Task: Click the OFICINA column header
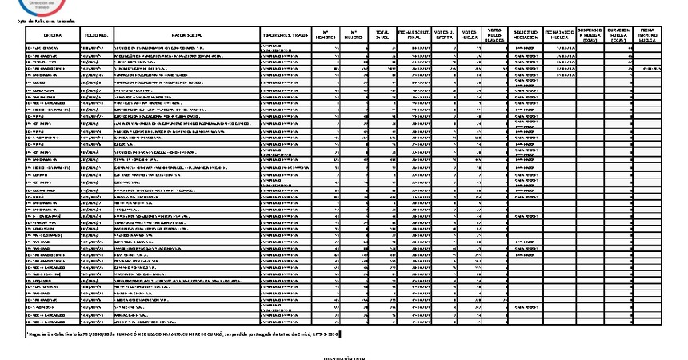coord(53,36)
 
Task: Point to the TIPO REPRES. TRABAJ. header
coord(285,36)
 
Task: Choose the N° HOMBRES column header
coord(326,36)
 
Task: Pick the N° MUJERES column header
coord(354,36)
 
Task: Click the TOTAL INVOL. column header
coord(382,36)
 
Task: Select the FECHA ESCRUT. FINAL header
coord(414,36)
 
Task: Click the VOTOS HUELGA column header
coord(469,36)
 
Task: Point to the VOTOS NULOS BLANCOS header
coord(495,36)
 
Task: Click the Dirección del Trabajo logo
coord(32,6)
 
